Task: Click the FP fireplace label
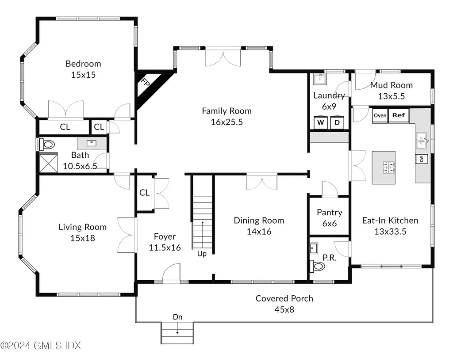point(145,83)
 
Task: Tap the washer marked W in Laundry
point(320,122)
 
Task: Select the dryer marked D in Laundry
point(337,122)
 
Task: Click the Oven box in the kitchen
point(380,115)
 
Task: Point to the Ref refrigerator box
point(399,115)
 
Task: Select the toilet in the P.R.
point(317,267)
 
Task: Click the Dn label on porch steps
point(177,317)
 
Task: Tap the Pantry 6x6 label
point(329,218)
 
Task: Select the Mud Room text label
point(391,85)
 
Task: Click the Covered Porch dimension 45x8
point(284,309)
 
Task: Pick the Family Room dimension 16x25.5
point(226,122)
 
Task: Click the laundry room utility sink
point(319,79)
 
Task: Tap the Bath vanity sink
point(92,143)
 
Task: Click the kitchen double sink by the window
point(422,140)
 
